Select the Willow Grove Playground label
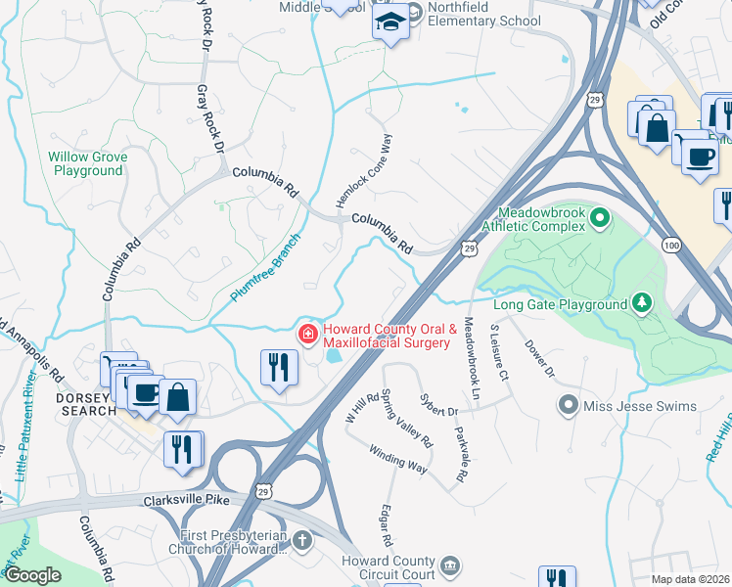(87, 163)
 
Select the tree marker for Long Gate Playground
(642, 303)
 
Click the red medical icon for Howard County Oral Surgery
(308, 336)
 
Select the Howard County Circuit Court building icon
(449, 565)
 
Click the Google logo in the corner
(33, 576)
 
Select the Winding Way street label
(397, 460)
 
